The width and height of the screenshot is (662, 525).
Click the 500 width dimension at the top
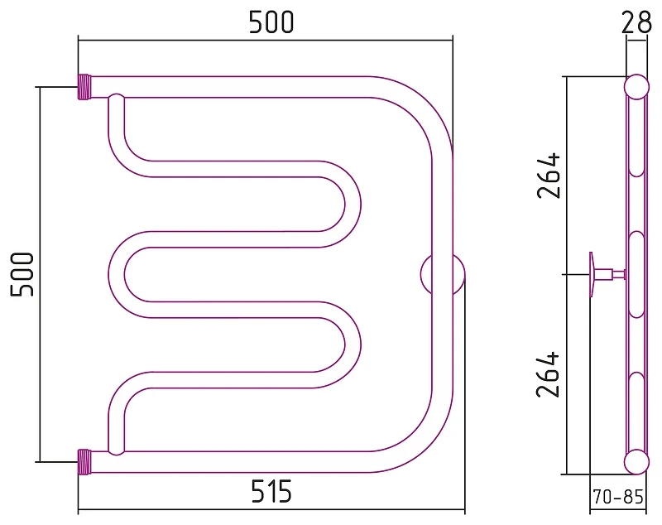tap(271, 22)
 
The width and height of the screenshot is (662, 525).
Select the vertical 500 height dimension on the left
tap(22, 275)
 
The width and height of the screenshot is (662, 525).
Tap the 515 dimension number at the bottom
tap(271, 491)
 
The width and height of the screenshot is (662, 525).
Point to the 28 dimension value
tap(636, 23)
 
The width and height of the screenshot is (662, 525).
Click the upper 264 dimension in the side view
tap(549, 176)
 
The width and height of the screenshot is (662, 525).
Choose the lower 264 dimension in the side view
tap(548, 374)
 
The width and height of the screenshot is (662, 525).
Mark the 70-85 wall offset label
tap(617, 497)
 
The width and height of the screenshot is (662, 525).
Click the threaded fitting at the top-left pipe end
tap(84, 87)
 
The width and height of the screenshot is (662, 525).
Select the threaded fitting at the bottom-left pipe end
tap(84, 462)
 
